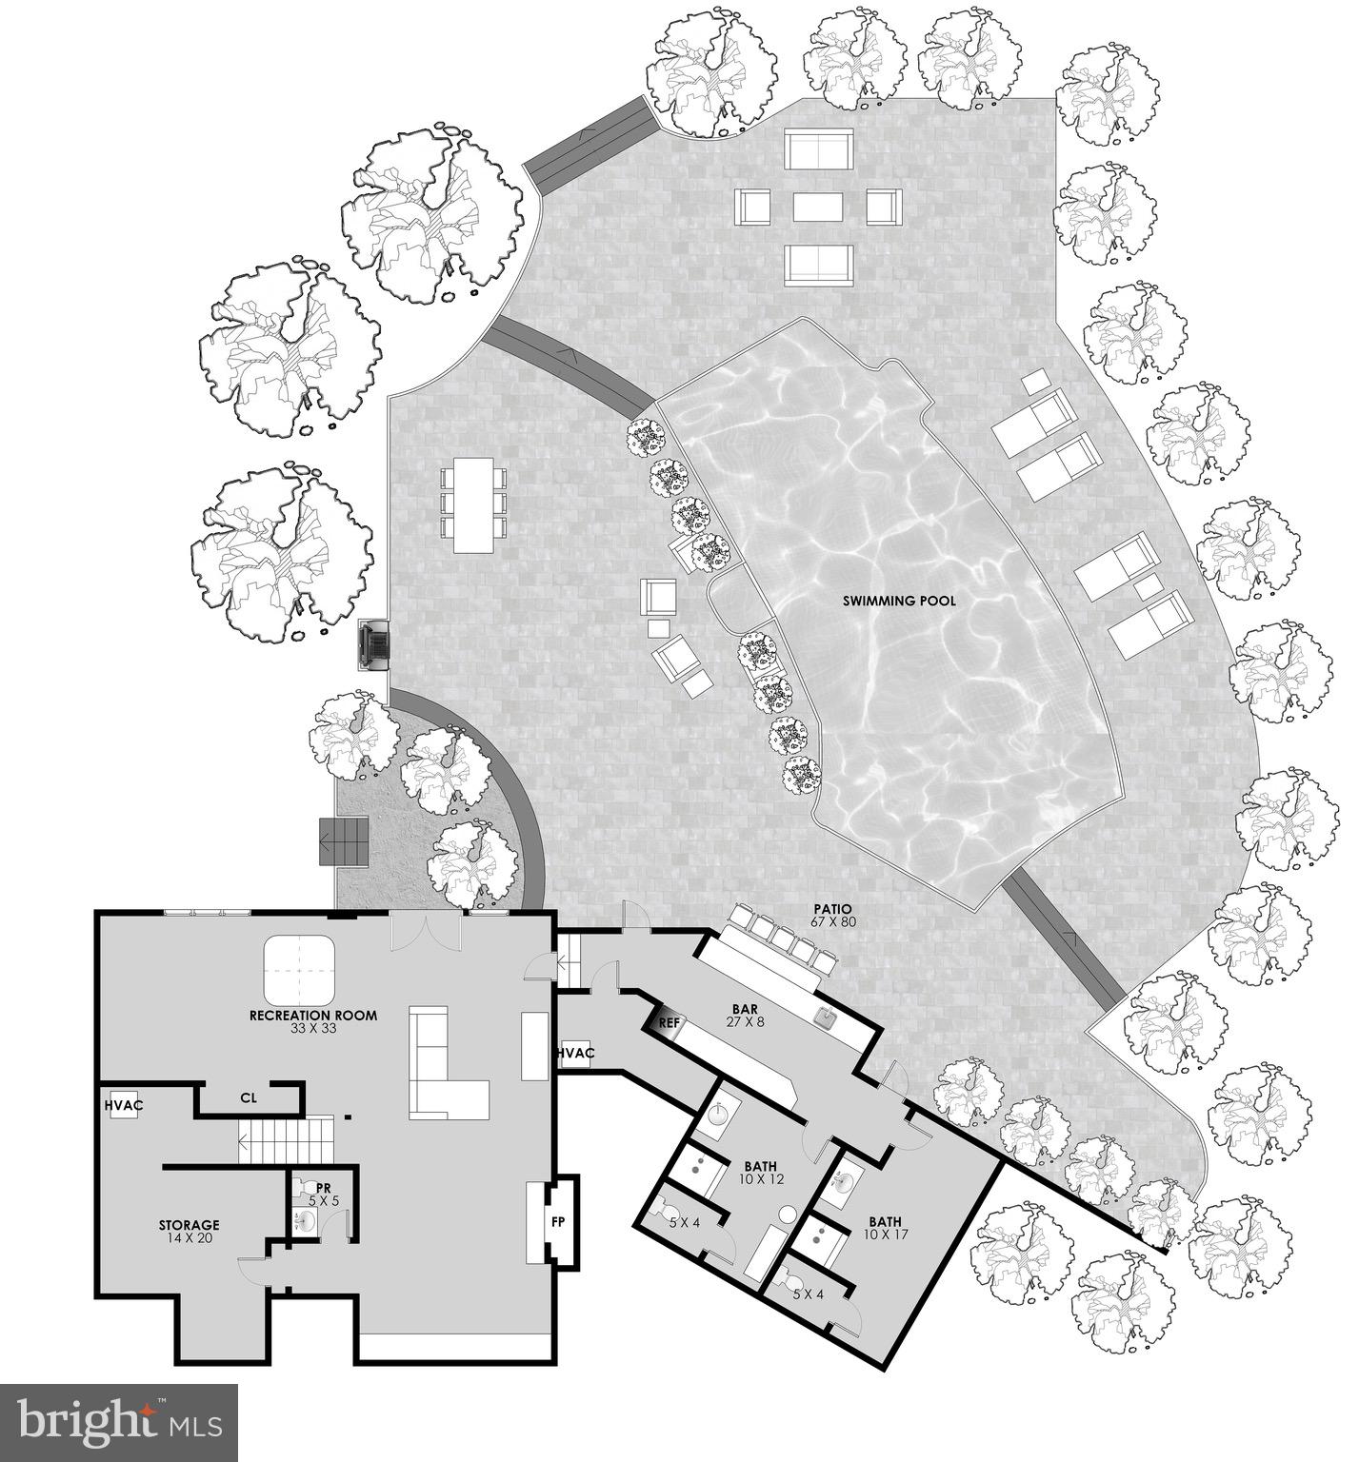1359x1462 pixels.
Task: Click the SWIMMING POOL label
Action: pyautogui.click(x=898, y=601)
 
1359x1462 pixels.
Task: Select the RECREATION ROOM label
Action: pyautogui.click(x=312, y=1020)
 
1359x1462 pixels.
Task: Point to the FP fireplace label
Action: pyautogui.click(x=558, y=1219)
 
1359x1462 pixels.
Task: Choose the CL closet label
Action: pyautogui.click(x=248, y=1097)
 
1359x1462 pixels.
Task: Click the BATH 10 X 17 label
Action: pyautogui.click(x=885, y=1228)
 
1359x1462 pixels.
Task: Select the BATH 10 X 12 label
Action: pyautogui.click(x=760, y=1172)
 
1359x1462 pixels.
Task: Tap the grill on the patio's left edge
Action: pyautogui.click(x=373, y=646)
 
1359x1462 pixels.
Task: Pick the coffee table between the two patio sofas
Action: pyautogui.click(x=819, y=207)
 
